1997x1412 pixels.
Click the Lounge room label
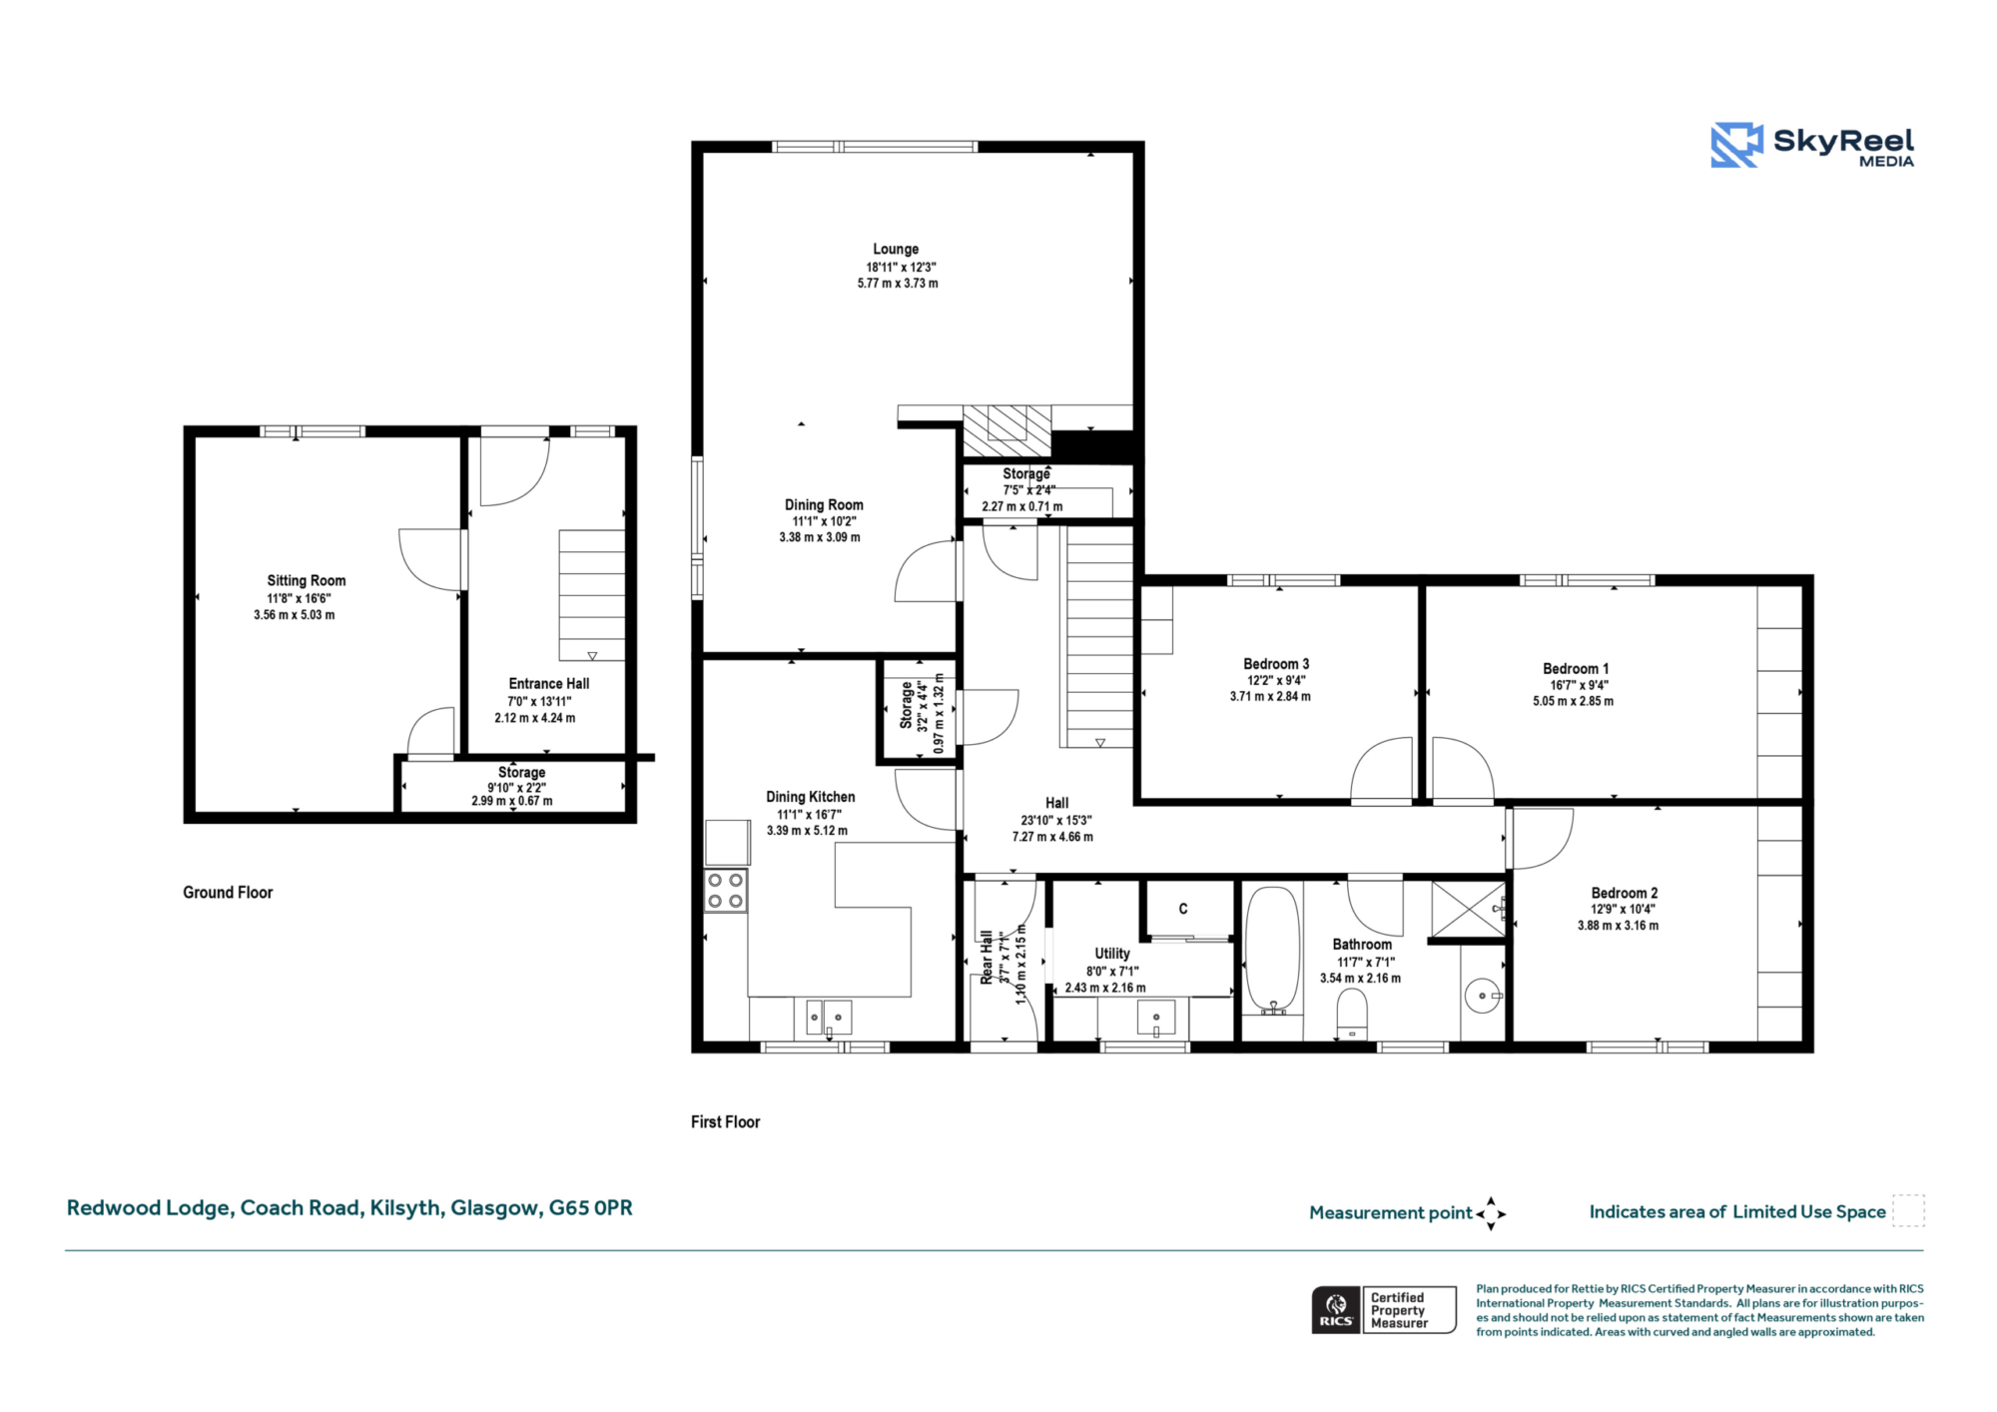click(x=896, y=249)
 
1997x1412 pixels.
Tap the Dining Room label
click(x=824, y=505)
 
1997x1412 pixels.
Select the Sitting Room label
click(x=307, y=581)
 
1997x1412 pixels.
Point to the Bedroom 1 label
click(x=1576, y=669)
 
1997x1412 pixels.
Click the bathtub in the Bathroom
click(x=1272, y=950)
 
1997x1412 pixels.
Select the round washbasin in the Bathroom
click(x=1483, y=996)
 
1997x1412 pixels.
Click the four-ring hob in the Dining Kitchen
click(x=726, y=891)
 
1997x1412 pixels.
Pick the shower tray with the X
click(x=1468, y=909)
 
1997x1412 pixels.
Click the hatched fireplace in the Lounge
click(x=1006, y=430)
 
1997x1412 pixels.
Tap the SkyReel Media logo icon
click(x=1736, y=145)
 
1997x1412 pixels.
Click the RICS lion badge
click(x=1336, y=1309)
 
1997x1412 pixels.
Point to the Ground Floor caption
click(x=228, y=893)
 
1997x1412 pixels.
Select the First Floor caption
click(x=726, y=1122)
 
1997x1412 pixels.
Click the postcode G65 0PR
click(x=591, y=1208)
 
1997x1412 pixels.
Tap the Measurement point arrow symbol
click(x=1491, y=1213)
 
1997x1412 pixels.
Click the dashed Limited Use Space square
click(x=1908, y=1210)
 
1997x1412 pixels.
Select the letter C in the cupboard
click(x=1183, y=909)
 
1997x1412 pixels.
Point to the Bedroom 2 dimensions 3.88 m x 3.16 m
click(x=1618, y=926)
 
